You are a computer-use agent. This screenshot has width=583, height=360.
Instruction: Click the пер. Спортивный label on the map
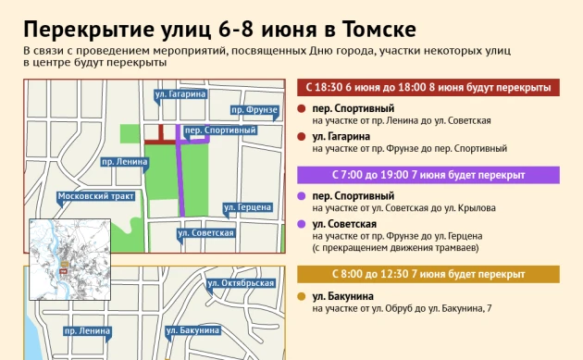pyautogui.click(x=219, y=130)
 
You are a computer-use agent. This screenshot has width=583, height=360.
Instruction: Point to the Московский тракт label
pyautogui.click(x=96, y=196)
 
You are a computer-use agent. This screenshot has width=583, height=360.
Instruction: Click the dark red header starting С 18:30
pyautogui.click(x=428, y=88)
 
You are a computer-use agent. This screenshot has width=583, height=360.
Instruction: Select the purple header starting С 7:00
pyautogui.click(x=428, y=174)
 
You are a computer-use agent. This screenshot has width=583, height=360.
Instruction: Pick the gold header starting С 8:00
pyautogui.click(x=428, y=275)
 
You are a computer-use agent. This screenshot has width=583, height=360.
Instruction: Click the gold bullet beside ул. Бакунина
pyautogui.click(x=302, y=296)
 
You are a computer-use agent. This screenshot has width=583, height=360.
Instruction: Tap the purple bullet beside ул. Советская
pyautogui.click(x=302, y=224)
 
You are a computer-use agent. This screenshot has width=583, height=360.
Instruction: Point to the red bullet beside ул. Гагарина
pyautogui.click(x=302, y=137)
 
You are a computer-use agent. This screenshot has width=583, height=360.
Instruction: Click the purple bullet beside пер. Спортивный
pyautogui.click(x=302, y=196)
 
